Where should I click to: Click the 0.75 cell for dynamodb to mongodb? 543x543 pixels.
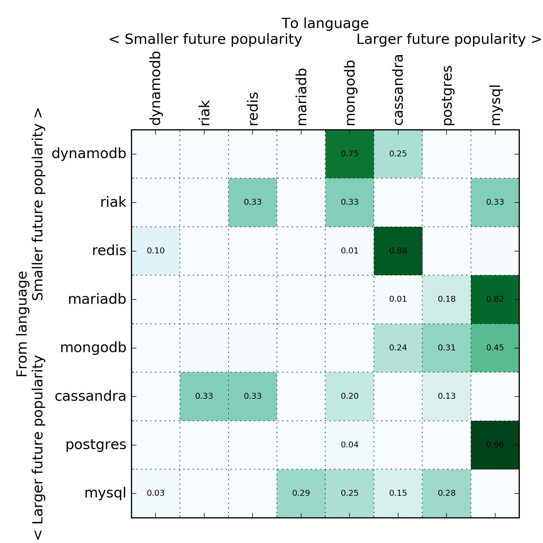[x=350, y=154]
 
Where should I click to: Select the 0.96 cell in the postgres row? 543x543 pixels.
[x=495, y=445]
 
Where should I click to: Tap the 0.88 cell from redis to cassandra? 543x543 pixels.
[x=398, y=251]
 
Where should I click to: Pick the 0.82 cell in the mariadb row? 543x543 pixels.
[x=495, y=299]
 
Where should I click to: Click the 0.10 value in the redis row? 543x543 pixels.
[x=156, y=251]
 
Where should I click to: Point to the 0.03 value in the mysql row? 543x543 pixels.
[x=156, y=493]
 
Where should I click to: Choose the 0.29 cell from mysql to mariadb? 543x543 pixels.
[x=301, y=493]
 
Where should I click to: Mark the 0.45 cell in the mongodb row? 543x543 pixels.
[x=495, y=348]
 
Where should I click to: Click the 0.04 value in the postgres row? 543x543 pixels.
[x=350, y=445]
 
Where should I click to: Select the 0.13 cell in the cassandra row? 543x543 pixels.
[x=447, y=396]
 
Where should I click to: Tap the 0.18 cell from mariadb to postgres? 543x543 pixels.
[x=447, y=299]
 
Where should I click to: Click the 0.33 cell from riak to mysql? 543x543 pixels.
[x=495, y=202]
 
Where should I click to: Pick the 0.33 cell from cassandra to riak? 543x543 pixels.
[x=204, y=396]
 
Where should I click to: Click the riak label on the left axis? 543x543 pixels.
[x=113, y=202]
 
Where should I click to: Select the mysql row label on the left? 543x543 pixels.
[x=105, y=493]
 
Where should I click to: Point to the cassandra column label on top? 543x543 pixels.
[x=398, y=90]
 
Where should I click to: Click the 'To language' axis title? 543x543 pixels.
[x=325, y=23]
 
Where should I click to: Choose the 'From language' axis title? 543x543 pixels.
[x=22, y=324]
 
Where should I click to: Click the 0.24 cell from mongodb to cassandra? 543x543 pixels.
[x=398, y=348]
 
